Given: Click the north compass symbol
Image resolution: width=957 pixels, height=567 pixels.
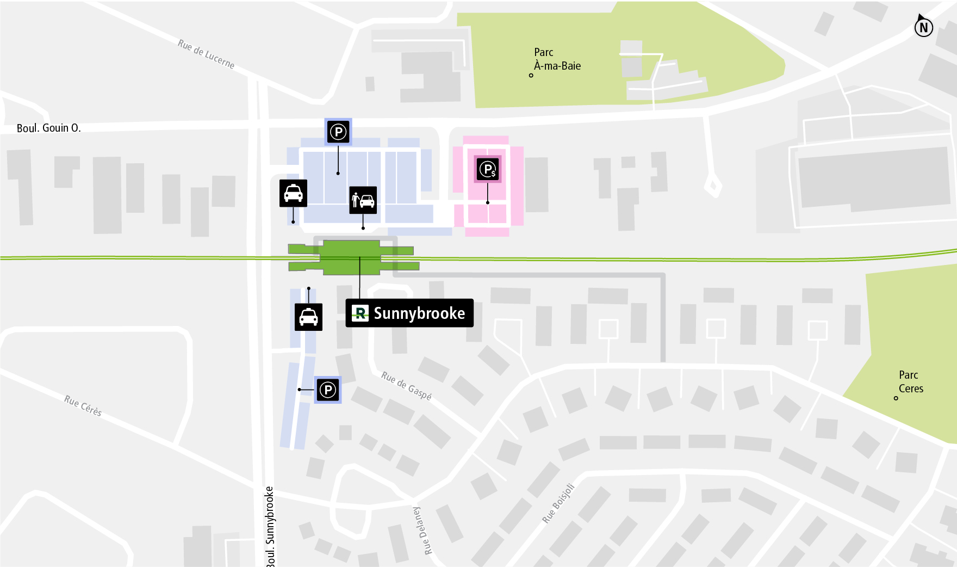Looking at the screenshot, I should [x=923, y=27].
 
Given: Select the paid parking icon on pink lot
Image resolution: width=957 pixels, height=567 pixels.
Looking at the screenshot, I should [x=487, y=169].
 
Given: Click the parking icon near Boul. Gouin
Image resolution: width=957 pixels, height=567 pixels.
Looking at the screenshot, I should [x=338, y=132].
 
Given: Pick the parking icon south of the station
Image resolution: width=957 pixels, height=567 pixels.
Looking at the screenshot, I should [x=328, y=390].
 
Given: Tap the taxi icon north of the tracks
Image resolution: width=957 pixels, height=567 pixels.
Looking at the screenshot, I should [x=293, y=193].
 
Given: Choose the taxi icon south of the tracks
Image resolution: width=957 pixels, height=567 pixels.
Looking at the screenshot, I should [x=308, y=317].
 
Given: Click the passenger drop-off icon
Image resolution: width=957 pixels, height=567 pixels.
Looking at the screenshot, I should [x=363, y=200].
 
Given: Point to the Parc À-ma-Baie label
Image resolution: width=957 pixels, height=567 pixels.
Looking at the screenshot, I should [x=557, y=59].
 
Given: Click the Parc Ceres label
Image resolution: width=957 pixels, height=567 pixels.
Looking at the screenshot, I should [x=911, y=381].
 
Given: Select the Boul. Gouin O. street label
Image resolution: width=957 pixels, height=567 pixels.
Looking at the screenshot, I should [x=48, y=128].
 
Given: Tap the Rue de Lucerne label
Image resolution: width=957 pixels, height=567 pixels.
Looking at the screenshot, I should [x=206, y=54].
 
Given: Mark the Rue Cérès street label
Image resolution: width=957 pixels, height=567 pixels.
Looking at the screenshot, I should [x=83, y=405].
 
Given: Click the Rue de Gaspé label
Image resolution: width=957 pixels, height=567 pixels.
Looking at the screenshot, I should [x=406, y=385].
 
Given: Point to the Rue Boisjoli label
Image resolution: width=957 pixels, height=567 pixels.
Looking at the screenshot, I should [x=558, y=503].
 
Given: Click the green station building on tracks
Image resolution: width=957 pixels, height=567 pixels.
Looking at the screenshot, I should [x=351, y=257].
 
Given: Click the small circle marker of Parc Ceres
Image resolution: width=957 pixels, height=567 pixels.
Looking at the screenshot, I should [x=896, y=398].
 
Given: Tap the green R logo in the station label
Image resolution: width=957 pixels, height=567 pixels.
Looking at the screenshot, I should [x=360, y=313].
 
